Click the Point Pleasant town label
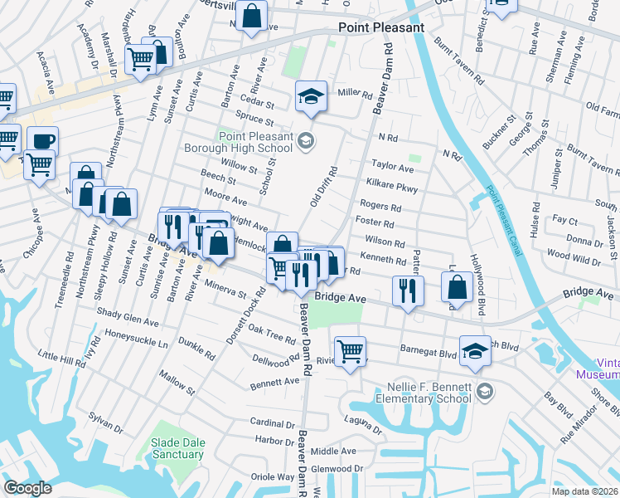pyautogui.click(x=381, y=27)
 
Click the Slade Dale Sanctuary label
pyautogui.click(x=178, y=448)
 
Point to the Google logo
pyautogui.click(x=27, y=488)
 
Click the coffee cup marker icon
pyautogui.click(x=42, y=140)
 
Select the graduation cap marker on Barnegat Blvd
pyautogui.click(x=475, y=350)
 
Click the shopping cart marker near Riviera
pyautogui.click(x=350, y=352)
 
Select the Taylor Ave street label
pyautogui.click(x=392, y=166)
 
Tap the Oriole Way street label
pyautogui.click(x=273, y=477)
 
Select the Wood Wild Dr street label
pyautogui.click(x=574, y=261)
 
